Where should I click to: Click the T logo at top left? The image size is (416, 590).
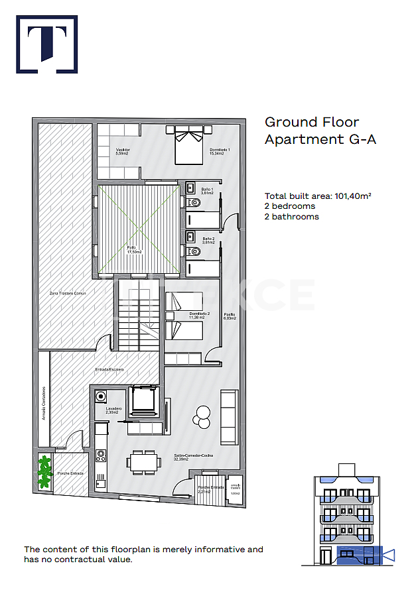46,44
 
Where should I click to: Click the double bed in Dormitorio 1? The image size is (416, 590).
189,145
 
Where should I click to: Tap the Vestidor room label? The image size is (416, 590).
122,151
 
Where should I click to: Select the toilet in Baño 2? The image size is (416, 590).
193,252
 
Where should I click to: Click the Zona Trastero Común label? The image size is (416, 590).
67,292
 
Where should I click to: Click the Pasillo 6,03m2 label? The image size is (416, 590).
229,316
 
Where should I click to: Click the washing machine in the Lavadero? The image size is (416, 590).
102,397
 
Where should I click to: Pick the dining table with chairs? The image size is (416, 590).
144,461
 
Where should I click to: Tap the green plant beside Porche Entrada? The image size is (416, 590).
44,471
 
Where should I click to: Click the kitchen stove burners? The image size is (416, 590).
101,455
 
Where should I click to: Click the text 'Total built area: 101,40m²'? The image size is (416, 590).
317,196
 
